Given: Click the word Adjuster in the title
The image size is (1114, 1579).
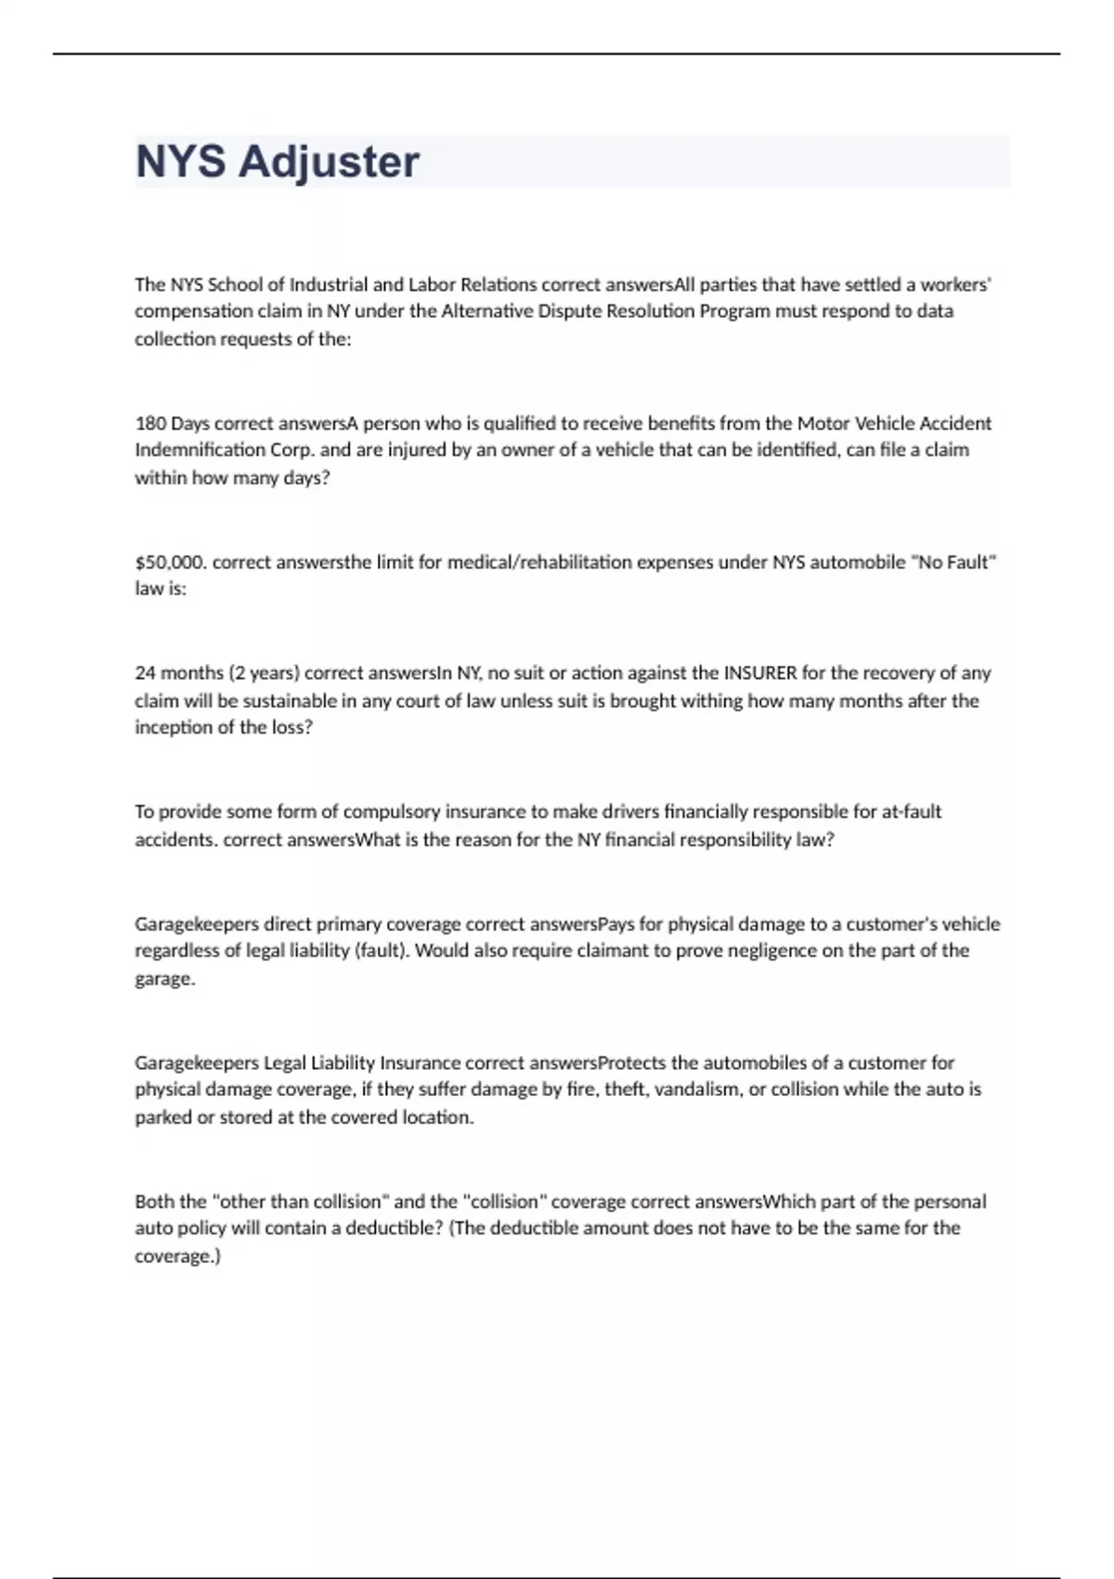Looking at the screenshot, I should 329,162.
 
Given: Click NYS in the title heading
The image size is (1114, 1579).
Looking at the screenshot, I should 180,162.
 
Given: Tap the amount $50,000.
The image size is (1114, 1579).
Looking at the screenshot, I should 171,562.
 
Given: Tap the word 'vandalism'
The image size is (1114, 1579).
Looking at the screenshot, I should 697,1089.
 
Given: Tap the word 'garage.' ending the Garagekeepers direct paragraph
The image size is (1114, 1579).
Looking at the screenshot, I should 164,978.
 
